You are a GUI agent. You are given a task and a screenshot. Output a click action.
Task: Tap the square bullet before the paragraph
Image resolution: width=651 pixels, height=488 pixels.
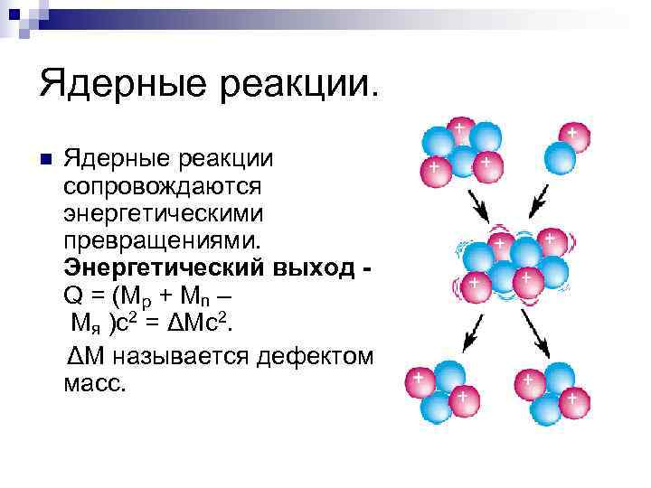click(x=47, y=161)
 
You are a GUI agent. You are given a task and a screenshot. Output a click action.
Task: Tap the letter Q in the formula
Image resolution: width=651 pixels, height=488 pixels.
click(x=73, y=296)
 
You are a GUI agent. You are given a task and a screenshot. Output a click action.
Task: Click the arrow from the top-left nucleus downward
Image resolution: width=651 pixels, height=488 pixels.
click(x=479, y=206)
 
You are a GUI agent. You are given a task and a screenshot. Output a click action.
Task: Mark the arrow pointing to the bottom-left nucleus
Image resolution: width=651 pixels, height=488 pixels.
click(x=471, y=335)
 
